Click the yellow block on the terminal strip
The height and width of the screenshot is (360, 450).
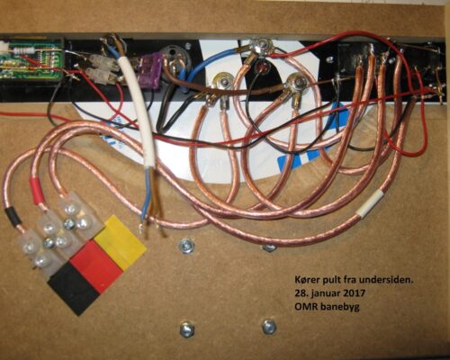121,242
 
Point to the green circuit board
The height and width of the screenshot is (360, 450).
31,59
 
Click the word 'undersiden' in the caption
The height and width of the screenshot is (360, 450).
386,280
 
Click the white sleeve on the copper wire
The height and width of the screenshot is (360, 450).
369,205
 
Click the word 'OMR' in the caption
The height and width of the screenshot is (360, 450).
303,307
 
